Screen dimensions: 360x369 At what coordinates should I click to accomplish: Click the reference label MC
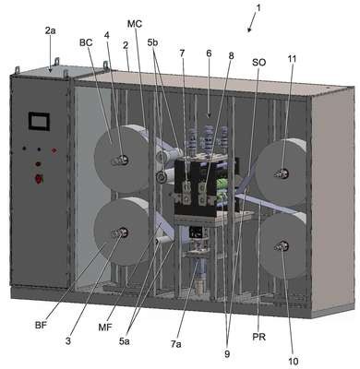click(135, 23)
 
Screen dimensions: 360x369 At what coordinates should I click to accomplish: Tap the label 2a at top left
click(50, 30)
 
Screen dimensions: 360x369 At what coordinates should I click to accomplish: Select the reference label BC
click(86, 42)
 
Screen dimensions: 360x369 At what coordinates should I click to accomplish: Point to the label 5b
click(152, 43)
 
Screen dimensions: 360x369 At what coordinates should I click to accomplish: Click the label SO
click(258, 63)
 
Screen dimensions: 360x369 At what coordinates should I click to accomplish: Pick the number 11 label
click(292, 59)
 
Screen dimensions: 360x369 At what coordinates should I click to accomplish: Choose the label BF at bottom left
click(41, 326)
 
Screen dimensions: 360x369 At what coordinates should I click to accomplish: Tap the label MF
click(105, 327)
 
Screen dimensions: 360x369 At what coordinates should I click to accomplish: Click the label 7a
click(176, 344)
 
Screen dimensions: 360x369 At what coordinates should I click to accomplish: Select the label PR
click(259, 337)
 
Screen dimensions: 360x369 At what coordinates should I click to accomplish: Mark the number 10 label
click(294, 362)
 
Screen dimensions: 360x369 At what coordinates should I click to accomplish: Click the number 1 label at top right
click(258, 8)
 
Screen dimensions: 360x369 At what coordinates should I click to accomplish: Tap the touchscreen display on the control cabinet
click(39, 122)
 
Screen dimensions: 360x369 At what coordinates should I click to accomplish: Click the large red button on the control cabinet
click(39, 179)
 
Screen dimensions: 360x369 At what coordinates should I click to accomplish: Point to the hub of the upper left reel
click(120, 160)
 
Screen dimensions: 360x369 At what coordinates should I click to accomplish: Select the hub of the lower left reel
click(120, 233)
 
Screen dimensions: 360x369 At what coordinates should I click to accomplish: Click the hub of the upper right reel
click(282, 173)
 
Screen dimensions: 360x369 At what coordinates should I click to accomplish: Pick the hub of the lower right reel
click(282, 245)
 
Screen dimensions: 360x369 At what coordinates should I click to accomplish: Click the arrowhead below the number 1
click(249, 30)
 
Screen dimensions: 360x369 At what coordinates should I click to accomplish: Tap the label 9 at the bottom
click(227, 354)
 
